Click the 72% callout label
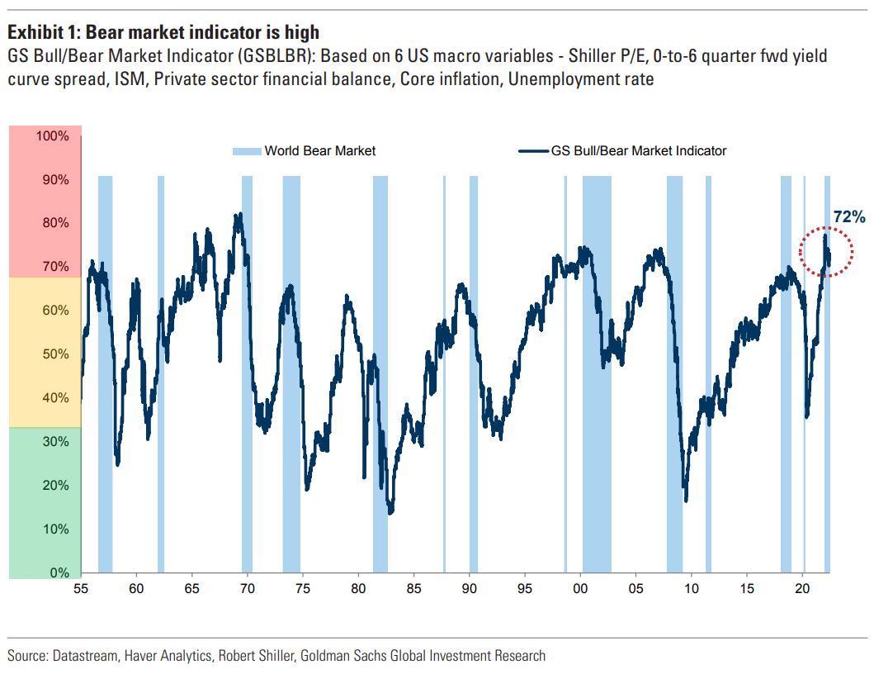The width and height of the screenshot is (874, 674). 848,217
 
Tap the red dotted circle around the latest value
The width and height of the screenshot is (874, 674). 825,251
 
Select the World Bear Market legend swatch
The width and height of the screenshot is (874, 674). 246,150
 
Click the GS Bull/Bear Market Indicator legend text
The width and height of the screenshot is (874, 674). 639,150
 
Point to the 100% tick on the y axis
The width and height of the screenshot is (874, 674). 53,136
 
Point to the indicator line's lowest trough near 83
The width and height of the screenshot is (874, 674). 390,512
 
